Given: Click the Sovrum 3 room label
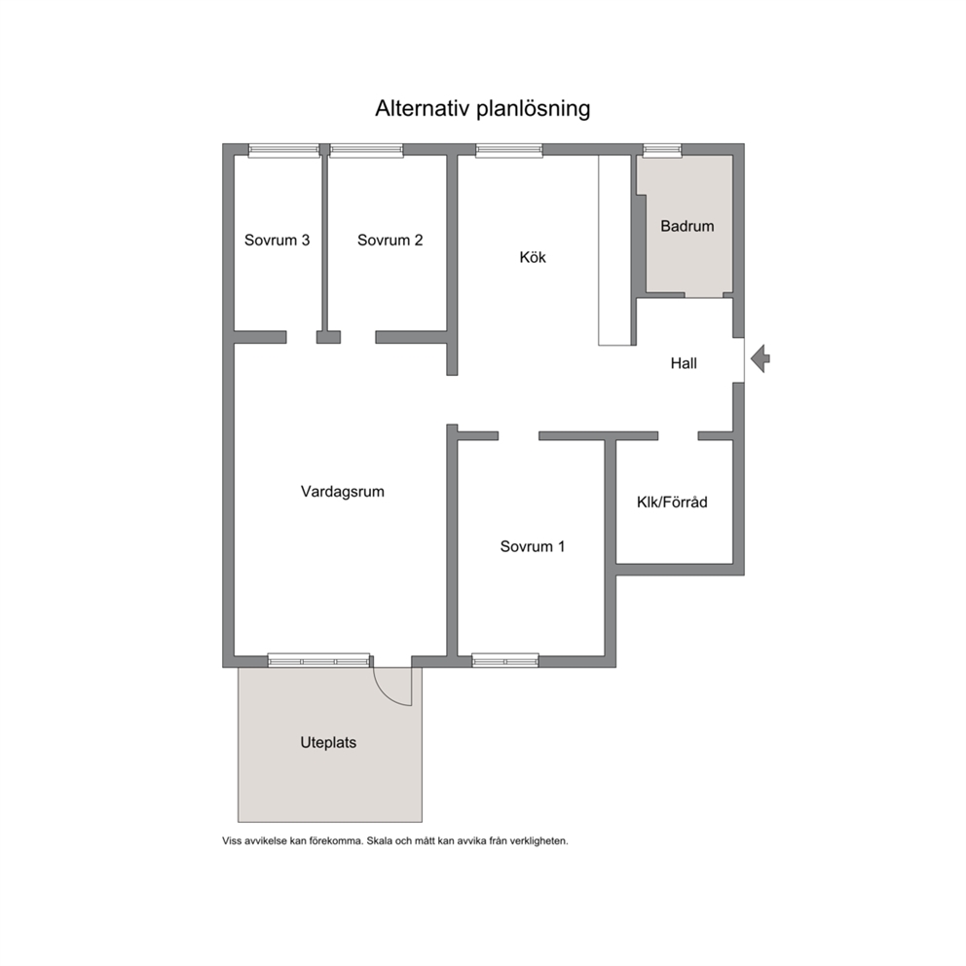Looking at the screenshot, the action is click(x=277, y=241).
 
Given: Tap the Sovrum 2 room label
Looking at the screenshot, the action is click(x=390, y=241).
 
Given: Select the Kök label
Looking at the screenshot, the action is click(x=533, y=257).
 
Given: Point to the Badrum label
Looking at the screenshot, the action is click(x=687, y=226).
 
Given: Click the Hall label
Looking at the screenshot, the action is click(x=684, y=363).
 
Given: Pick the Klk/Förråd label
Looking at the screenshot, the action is click(x=672, y=502).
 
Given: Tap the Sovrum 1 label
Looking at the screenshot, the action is click(x=533, y=546).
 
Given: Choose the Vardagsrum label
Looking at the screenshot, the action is click(x=343, y=492).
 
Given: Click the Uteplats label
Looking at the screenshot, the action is click(x=328, y=742).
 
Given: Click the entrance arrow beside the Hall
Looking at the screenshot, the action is click(x=761, y=358).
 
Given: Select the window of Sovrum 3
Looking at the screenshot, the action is click(x=284, y=150).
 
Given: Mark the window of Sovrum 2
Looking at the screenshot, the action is click(x=366, y=150).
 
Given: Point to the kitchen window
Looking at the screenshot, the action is click(x=509, y=150).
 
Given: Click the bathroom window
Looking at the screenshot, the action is click(x=663, y=150).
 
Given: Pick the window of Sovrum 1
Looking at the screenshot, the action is click(x=505, y=661).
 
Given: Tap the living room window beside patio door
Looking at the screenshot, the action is click(x=319, y=661).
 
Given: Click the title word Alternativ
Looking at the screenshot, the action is click(x=424, y=108).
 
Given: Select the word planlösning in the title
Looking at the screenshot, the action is click(x=534, y=109).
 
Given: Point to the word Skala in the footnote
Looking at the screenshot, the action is click(x=379, y=841).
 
